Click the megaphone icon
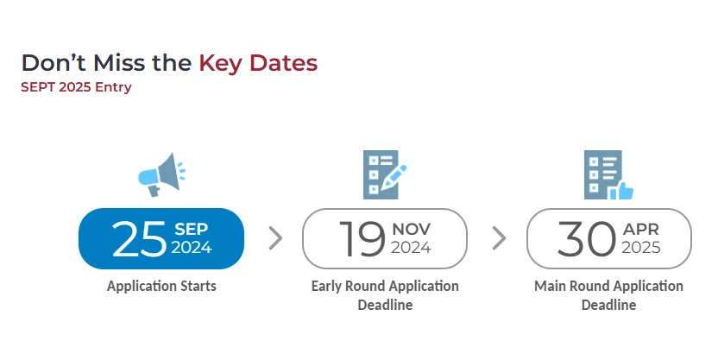point(162,175)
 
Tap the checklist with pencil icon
point(385,174)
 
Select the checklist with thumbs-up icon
point(608,174)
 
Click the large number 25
point(139,238)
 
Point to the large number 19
point(362,238)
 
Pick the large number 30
point(586,238)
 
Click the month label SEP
point(192,229)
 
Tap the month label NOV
point(411,229)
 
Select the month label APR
point(641,229)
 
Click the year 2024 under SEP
point(192,247)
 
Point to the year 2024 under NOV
point(411,247)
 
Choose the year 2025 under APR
point(641,247)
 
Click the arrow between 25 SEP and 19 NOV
point(275,238)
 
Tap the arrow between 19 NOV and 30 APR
point(499,238)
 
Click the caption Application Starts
point(161,287)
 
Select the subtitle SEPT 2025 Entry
point(76,87)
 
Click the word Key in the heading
point(222,63)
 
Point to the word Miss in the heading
point(119,63)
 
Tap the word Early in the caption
point(326,287)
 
